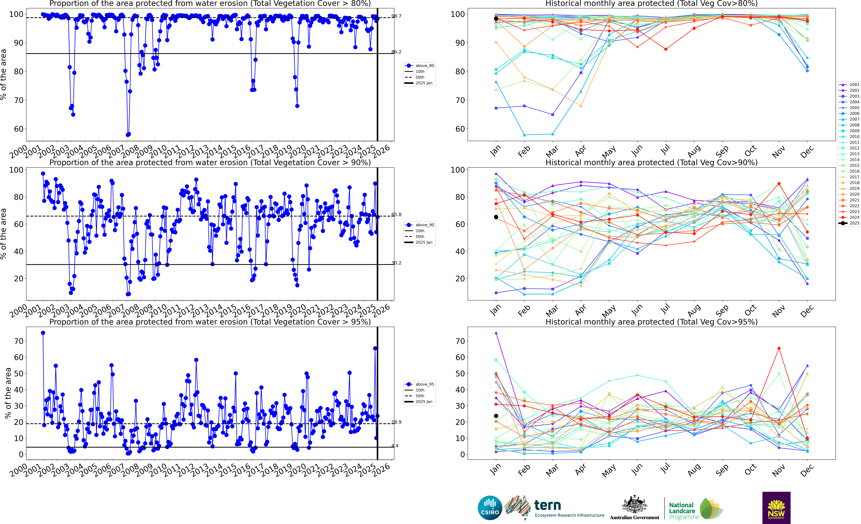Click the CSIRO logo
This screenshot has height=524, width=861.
(490, 508)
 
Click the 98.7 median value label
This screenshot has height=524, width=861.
(396, 16)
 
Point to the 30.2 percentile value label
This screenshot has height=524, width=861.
(396, 263)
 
